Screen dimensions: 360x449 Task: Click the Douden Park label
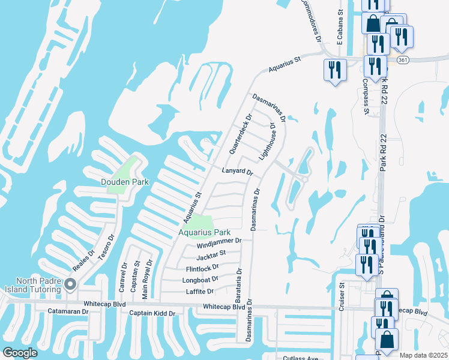pyautogui.click(x=124, y=181)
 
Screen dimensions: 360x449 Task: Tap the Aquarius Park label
pyautogui.click(x=204, y=232)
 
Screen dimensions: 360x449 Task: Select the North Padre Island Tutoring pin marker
pyautogui.click(x=71, y=283)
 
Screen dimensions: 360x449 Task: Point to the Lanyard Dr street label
pyautogui.click(x=238, y=172)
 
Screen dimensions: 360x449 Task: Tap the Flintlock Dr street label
pyautogui.click(x=203, y=268)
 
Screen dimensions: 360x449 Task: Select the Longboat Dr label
pyautogui.click(x=200, y=280)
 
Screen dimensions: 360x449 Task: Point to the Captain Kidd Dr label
pyautogui.click(x=152, y=313)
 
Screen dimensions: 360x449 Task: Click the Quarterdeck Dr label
pyautogui.click(x=241, y=131)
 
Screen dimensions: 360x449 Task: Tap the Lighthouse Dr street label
pyautogui.click(x=267, y=142)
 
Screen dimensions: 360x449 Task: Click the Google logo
pyautogui.click(x=20, y=352)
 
